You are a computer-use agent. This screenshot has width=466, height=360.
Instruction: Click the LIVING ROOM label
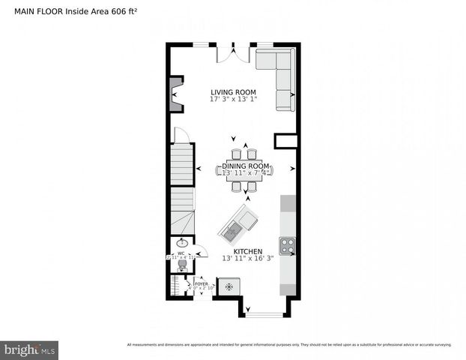pyautogui.click(x=233, y=92)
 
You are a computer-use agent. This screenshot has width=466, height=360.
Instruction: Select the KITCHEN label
pyautogui.click(x=248, y=251)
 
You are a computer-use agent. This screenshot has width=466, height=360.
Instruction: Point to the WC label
pyautogui.click(x=181, y=253)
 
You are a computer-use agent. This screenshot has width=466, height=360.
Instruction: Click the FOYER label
pyautogui.click(x=201, y=283)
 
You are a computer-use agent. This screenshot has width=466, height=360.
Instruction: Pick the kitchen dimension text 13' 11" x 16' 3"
pyautogui.click(x=248, y=259)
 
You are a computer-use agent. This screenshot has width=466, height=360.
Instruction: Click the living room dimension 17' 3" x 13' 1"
pyautogui.click(x=233, y=100)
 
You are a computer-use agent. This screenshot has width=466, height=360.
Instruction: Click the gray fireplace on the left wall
pyautogui.click(x=176, y=94)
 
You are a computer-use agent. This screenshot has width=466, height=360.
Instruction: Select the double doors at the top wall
pyautogui.click(x=232, y=54)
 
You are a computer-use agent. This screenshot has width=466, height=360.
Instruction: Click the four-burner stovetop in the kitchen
pyautogui.click(x=287, y=245)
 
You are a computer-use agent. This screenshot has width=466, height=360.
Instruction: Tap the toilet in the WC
pyautogui.click(x=181, y=265)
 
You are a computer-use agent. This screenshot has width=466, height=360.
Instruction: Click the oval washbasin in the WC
pyautogui.click(x=182, y=243)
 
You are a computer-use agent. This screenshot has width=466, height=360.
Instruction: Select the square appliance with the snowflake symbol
pyautogui.click(x=230, y=285)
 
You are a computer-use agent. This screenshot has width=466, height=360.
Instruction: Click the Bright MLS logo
pyautogui.click(x=30, y=349)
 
